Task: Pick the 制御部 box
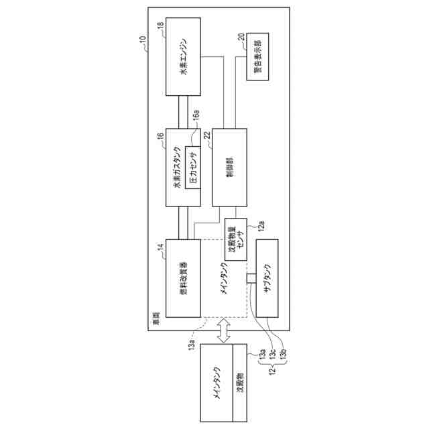[x=229, y=167]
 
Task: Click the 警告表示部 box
[x=259, y=56]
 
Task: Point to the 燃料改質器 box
[x=184, y=278]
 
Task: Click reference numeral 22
[x=207, y=135]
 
